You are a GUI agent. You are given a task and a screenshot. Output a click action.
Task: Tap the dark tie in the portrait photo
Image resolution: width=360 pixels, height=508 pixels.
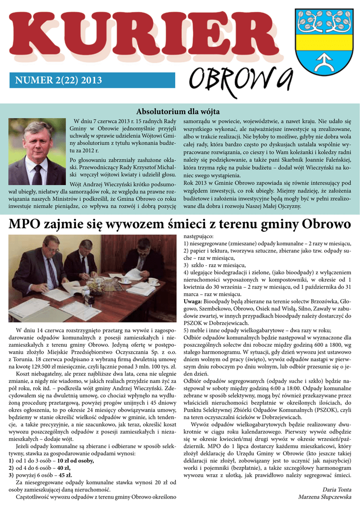pyautogui.click(x=37, y=174)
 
